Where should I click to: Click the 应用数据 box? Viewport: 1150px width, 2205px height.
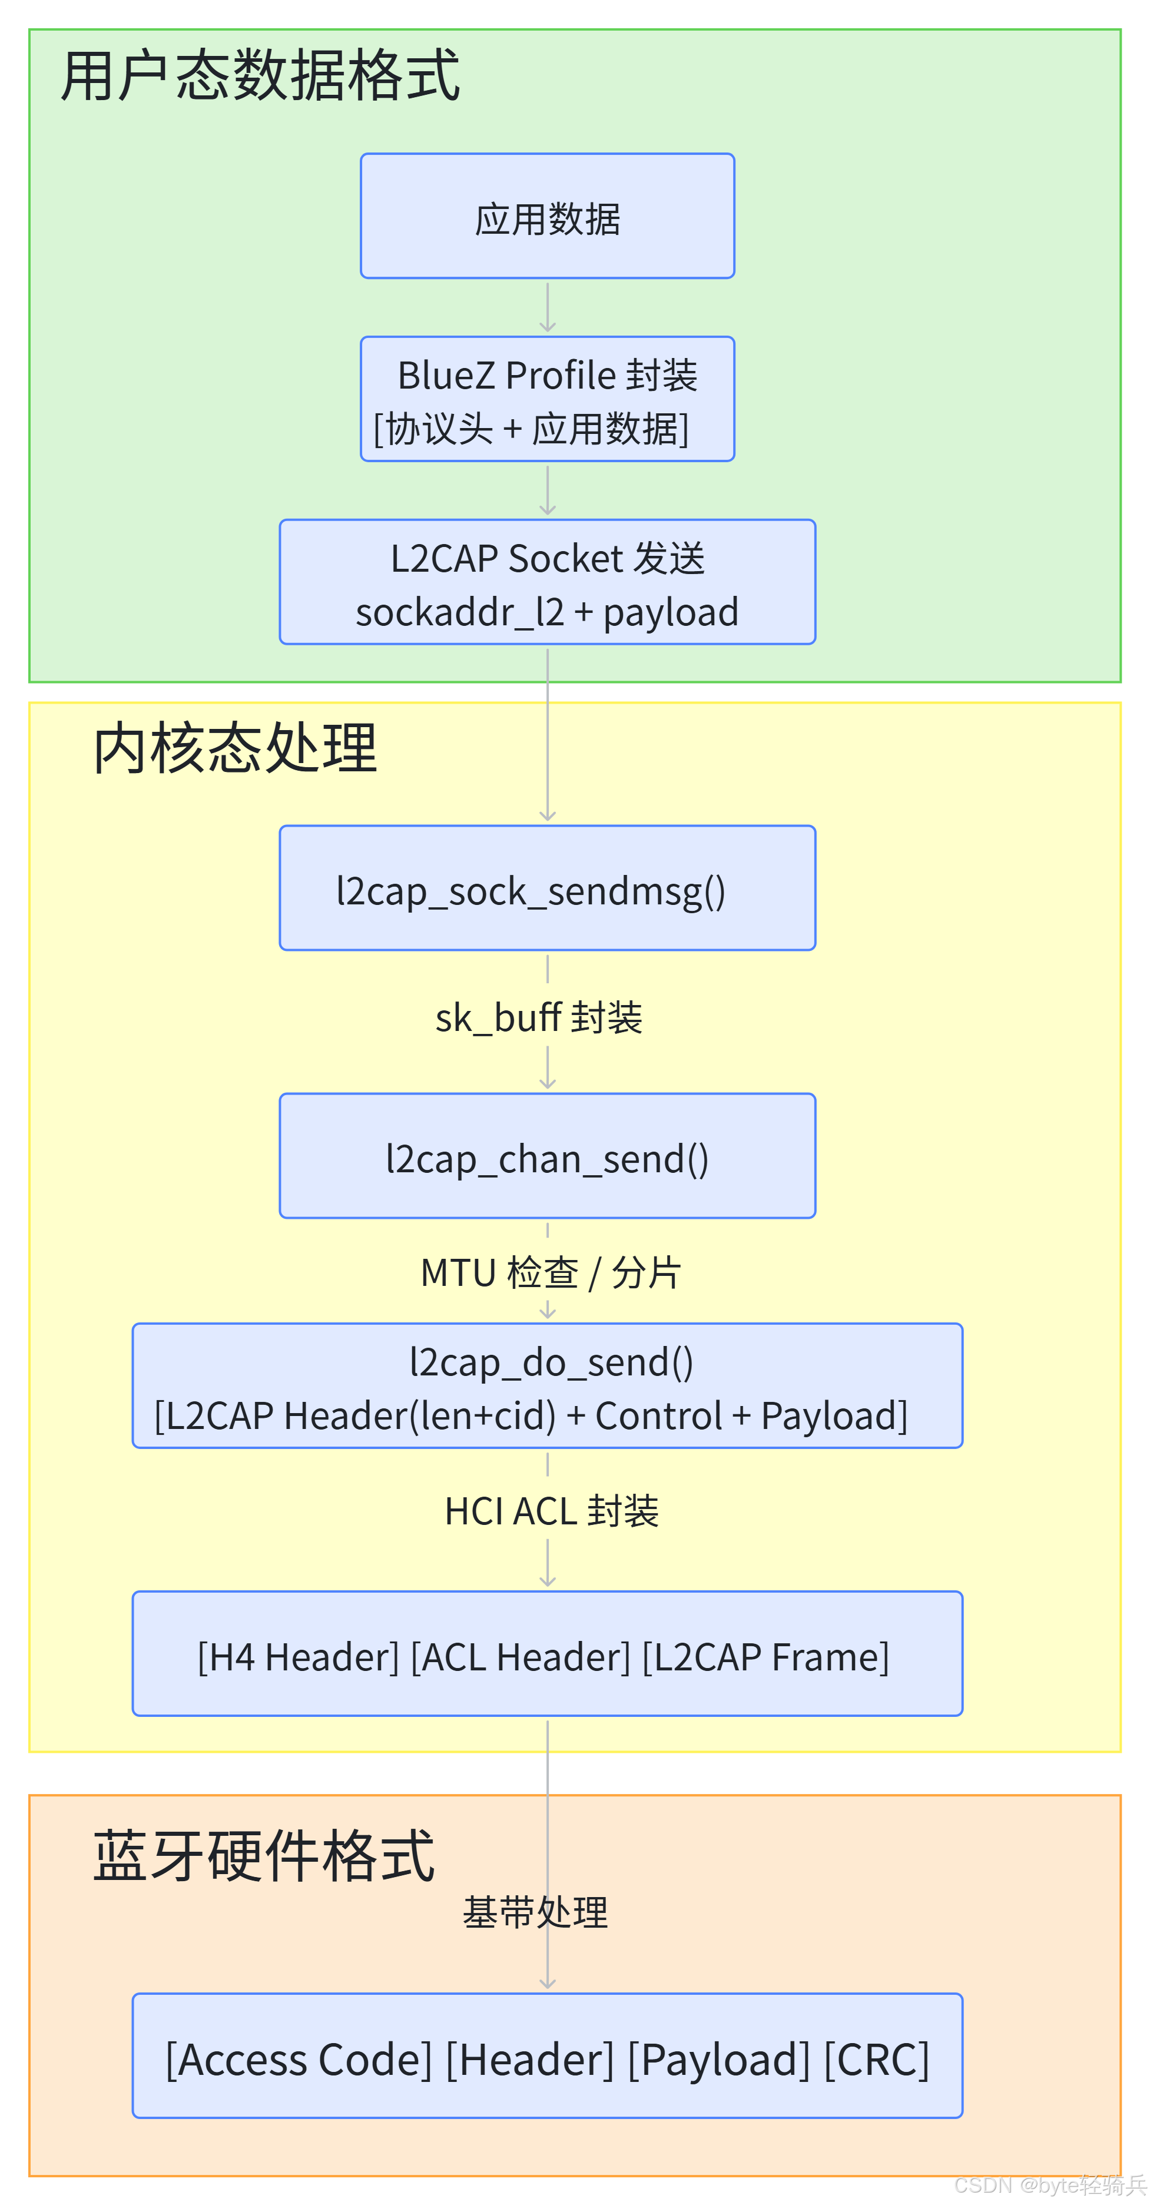[547, 215]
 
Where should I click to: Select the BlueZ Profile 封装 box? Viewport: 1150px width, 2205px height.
[547, 399]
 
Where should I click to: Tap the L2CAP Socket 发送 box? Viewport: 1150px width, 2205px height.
[547, 582]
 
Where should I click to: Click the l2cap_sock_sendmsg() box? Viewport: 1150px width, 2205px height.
[547, 888]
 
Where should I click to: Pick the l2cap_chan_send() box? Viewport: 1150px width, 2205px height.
[547, 1156]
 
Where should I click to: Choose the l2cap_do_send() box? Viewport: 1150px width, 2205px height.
[547, 1386]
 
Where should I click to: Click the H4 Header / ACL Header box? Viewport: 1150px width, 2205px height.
[547, 1654]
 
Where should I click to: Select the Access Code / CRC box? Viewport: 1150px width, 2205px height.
[547, 2056]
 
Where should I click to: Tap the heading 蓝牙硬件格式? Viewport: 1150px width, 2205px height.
[264, 1856]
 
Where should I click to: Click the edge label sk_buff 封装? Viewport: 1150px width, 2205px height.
[539, 1018]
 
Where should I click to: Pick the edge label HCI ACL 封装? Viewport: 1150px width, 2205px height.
[552, 1511]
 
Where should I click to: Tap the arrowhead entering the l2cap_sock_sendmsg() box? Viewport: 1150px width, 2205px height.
[547, 815]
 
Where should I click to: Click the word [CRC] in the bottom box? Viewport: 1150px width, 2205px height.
[877, 2058]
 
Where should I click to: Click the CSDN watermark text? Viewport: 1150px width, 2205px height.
[1050, 2186]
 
